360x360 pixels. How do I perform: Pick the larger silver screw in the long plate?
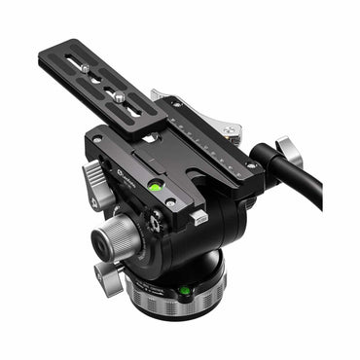point(119,96)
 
